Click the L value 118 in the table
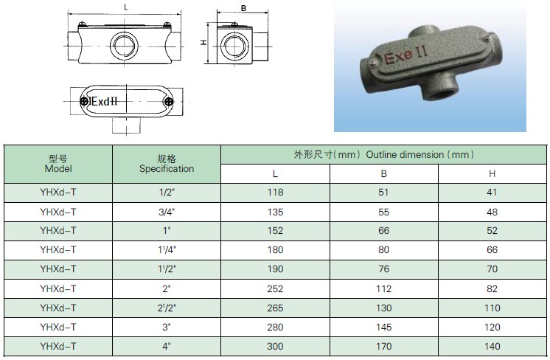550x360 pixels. click(x=275, y=193)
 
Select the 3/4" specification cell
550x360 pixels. click(x=167, y=212)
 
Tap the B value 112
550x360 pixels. click(x=383, y=288)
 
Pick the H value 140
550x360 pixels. click(x=492, y=346)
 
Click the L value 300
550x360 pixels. click(x=275, y=346)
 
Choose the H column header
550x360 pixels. click(x=492, y=173)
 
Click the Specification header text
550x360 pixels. click(x=167, y=169)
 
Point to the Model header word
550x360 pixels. click(x=58, y=169)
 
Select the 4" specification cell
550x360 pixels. click(x=167, y=346)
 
